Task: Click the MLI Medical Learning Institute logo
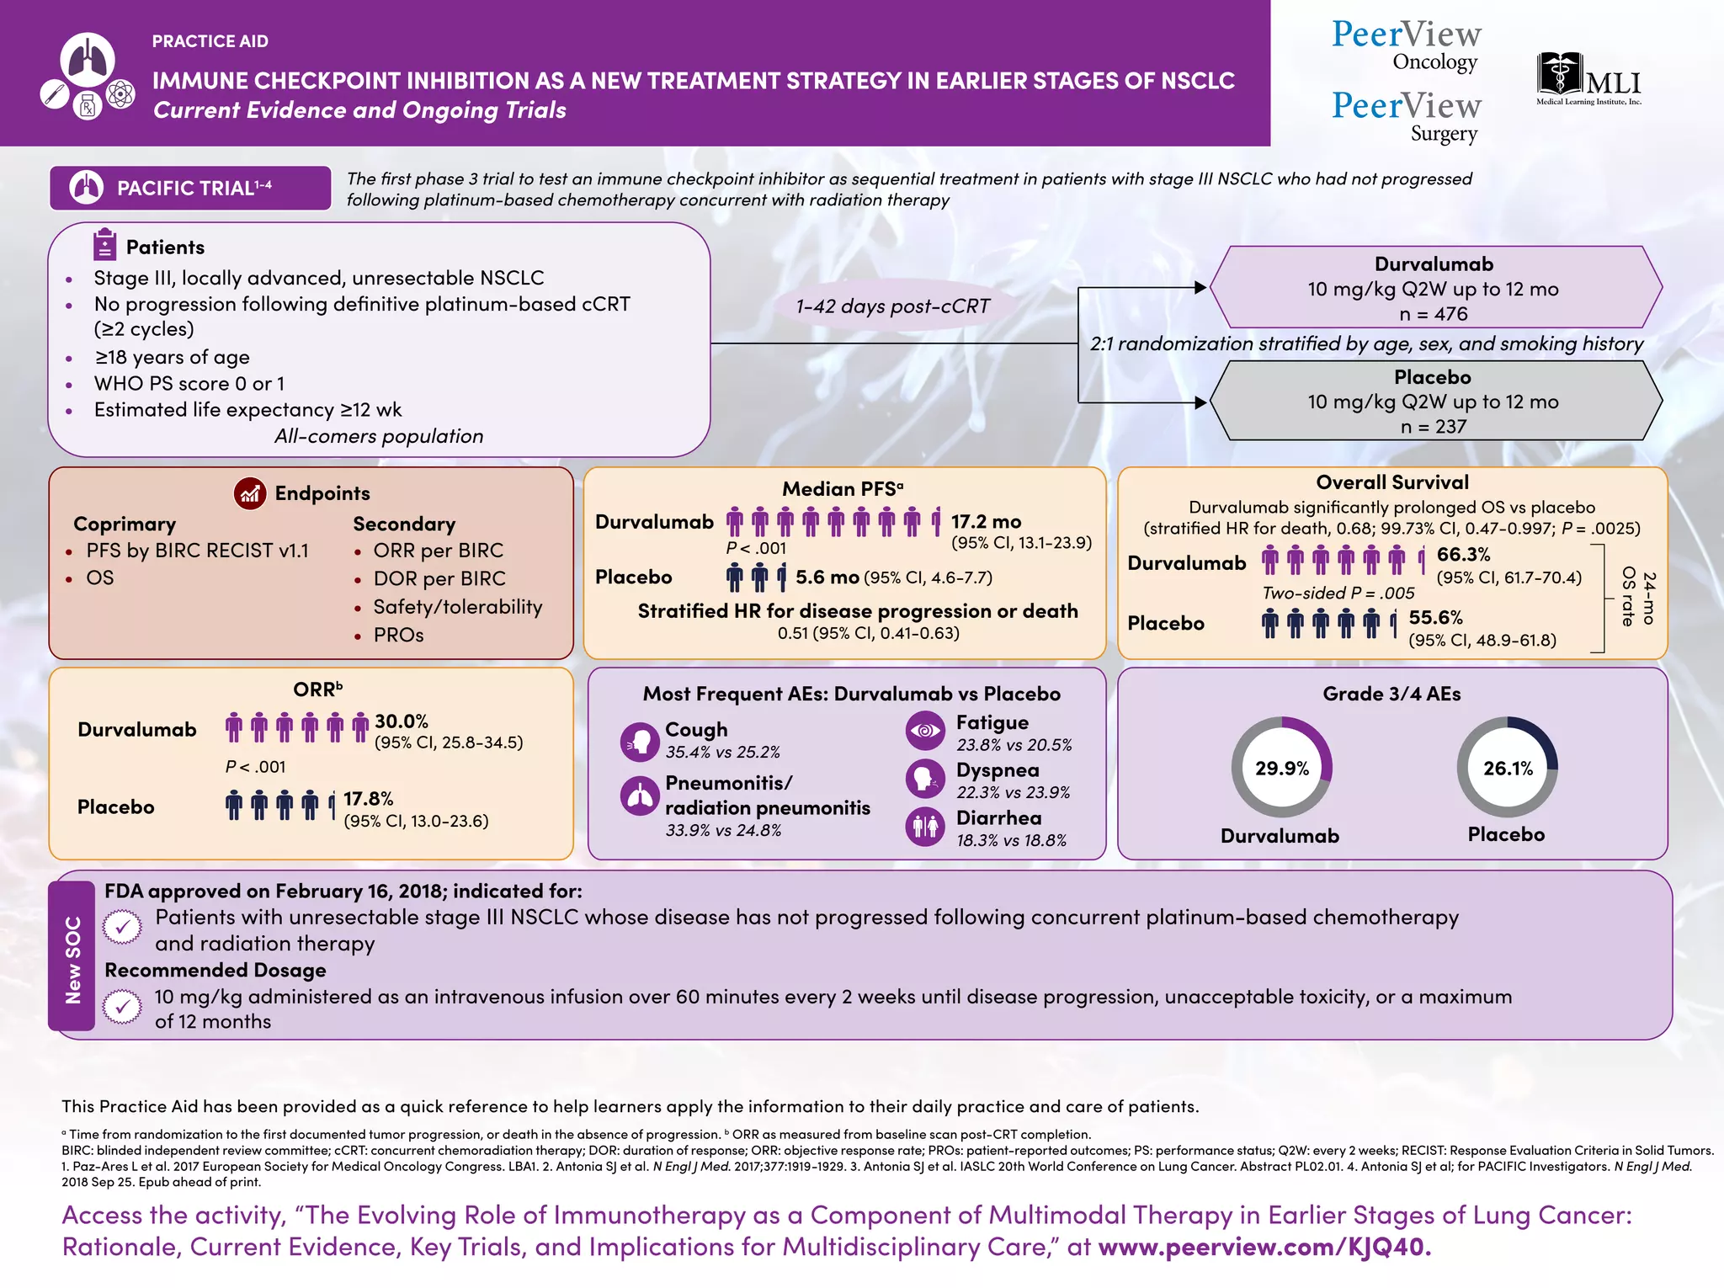click(x=1588, y=79)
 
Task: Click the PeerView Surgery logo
click(x=1406, y=116)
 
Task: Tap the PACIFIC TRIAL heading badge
click(x=190, y=188)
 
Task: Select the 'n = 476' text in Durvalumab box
click(x=1433, y=314)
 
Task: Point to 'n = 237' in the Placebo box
click(x=1433, y=427)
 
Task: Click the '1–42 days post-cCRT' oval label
click(x=892, y=306)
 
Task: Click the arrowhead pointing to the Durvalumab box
click(x=1200, y=288)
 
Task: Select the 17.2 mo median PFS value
click(x=986, y=522)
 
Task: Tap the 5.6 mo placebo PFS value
click(x=827, y=577)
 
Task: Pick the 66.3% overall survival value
click(x=1463, y=555)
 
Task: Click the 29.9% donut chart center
click(x=1281, y=768)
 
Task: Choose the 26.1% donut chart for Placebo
click(x=1507, y=768)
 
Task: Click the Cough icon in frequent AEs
click(x=640, y=741)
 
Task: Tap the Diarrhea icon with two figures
click(x=924, y=827)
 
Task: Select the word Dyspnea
click(x=998, y=770)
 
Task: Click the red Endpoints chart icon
click(x=250, y=493)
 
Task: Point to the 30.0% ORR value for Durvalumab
click(x=401, y=721)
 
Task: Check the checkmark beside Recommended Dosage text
click(x=123, y=1006)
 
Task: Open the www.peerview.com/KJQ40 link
click(x=1264, y=1247)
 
